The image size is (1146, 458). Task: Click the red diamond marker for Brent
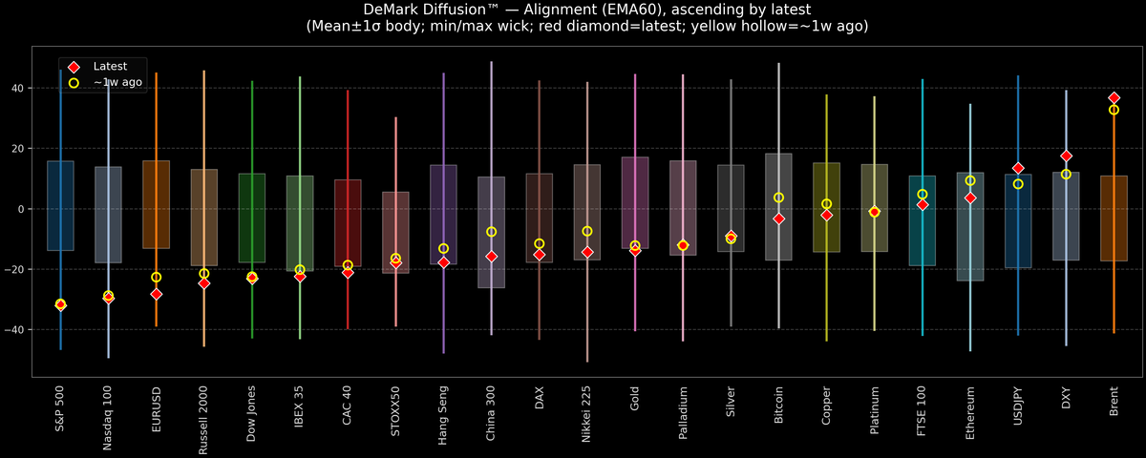click(1114, 98)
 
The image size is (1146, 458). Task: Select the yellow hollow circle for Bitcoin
click(778, 198)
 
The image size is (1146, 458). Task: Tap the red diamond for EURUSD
click(156, 294)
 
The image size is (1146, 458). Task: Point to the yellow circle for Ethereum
click(970, 180)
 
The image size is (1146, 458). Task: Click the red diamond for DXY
click(1066, 156)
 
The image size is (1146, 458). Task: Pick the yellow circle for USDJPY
click(1018, 184)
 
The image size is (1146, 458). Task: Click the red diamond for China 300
click(491, 257)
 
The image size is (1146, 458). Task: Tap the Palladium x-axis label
click(683, 416)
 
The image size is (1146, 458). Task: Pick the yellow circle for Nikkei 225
click(587, 231)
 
